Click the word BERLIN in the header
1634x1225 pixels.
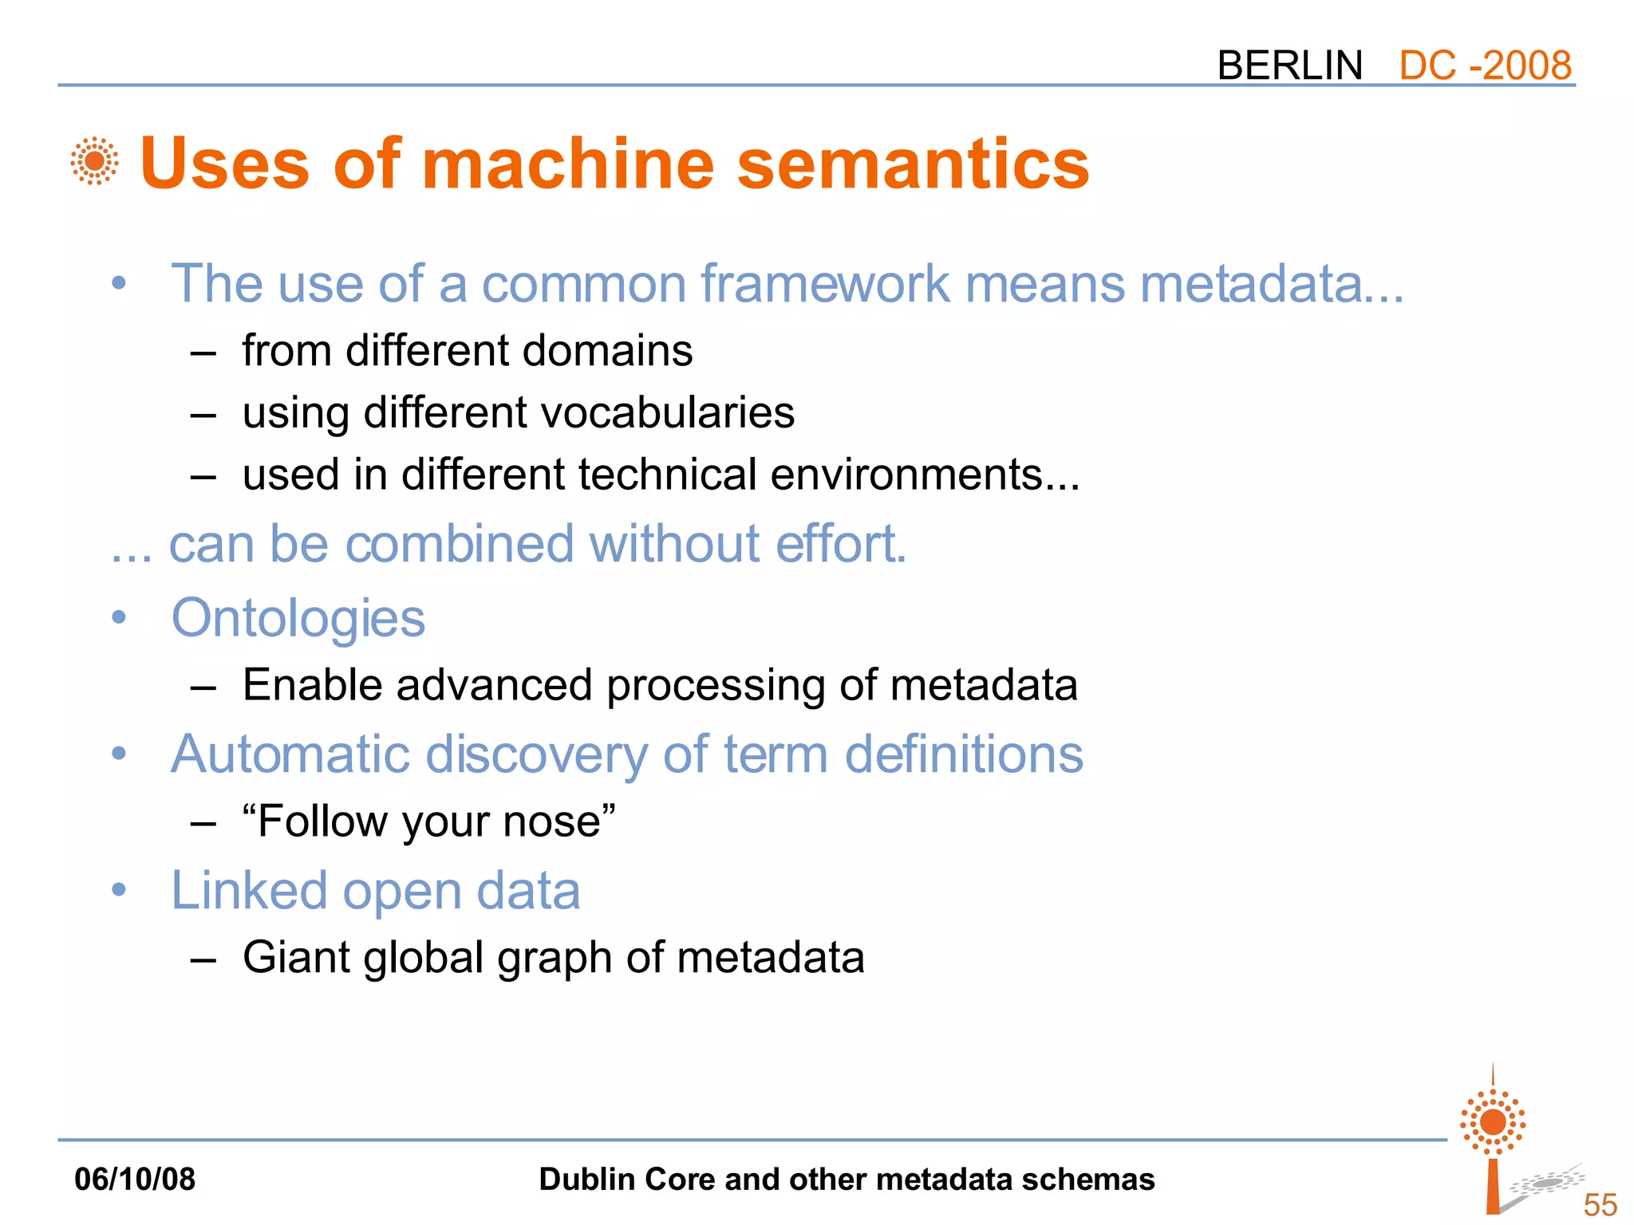coord(1289,65)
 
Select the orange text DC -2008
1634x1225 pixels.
coord(1485,65)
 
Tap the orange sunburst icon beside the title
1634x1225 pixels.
coord(94,161)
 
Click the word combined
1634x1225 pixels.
coord(460,544)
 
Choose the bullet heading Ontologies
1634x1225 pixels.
coord(298,619)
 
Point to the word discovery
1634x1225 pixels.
coord(536,754)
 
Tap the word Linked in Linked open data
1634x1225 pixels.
coord(249,891)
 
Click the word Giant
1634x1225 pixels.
coord(295,957)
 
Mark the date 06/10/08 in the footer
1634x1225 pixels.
coord(134,1179)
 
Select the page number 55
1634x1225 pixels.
coord(1600,1204)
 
